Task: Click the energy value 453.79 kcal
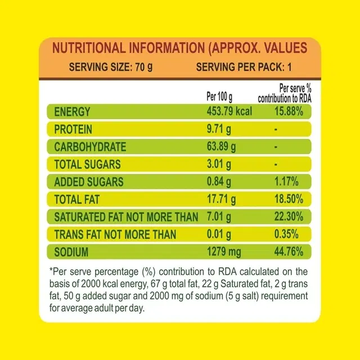(x=229, y=111)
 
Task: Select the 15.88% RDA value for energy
(x=292, y=111)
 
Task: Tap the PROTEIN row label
(x=73, y=129)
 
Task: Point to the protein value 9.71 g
(x=219, y=129)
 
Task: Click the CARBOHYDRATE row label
(x=90, y=147)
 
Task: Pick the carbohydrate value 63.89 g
(x=222, y=147)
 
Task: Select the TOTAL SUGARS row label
(x=87, y=164)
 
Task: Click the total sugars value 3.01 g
(x=219, y=164)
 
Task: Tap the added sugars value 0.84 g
(x=219, y=182)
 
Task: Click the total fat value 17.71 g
(x=222, y=199)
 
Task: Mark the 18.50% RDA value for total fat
(x=292, y=199)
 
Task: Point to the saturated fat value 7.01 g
(x=219, y=217)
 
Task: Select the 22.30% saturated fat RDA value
(x=292, y=217)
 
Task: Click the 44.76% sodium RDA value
(x=292, y=251)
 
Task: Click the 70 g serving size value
(x=144, y=68)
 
